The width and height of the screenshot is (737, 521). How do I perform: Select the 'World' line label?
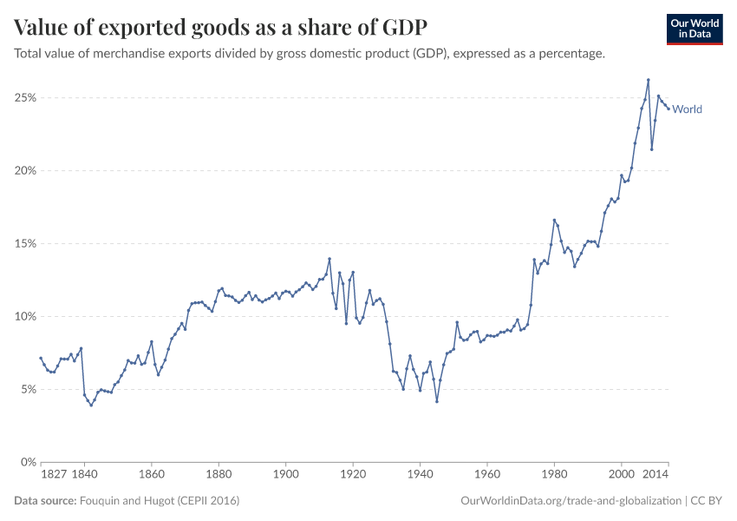(687, 109)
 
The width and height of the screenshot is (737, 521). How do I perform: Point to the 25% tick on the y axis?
(24, 98)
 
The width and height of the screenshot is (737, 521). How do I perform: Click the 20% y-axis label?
(24, 171)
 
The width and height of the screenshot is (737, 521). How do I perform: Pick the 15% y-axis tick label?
(24, 244)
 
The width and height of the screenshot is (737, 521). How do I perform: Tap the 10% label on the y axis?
(24, 317)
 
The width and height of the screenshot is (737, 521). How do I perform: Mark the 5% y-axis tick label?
(27, 390)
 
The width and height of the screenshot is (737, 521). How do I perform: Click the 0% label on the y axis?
(27, 463)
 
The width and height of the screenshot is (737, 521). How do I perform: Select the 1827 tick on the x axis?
(54, 475)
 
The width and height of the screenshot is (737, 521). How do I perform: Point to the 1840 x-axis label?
(84, 475)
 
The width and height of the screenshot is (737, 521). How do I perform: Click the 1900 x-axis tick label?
(286, 475)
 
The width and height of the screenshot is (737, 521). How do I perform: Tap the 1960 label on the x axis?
(487, 475)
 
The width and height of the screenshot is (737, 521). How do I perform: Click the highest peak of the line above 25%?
(648, 80)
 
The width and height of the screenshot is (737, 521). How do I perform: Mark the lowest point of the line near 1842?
(91, 406)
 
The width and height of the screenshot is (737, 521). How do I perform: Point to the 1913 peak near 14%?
(329, 259)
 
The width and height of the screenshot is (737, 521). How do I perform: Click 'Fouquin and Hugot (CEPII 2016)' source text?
(160, 501)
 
